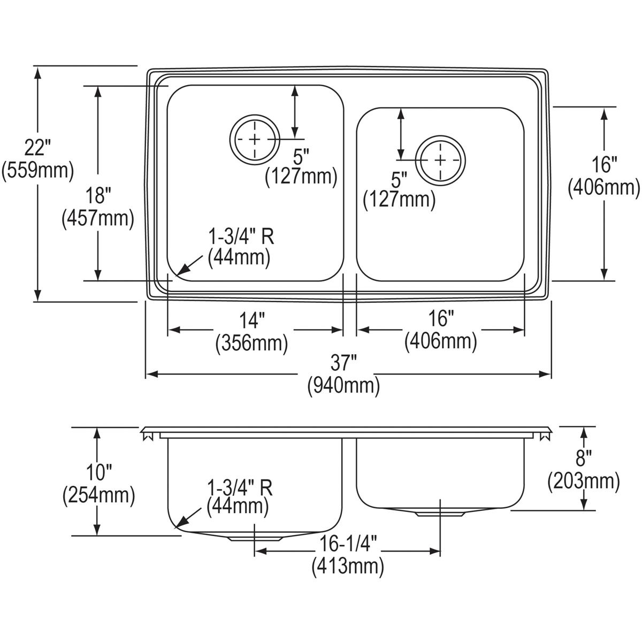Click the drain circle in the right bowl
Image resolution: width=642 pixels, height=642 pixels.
point(441,160)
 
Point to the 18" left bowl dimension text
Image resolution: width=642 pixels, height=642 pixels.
point(97,195)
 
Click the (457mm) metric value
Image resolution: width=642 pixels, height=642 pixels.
point(97,218)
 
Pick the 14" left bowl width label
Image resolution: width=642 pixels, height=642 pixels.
point(251,320)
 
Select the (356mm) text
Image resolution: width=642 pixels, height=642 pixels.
point(251,343)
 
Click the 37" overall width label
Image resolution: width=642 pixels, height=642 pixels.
point(343,364)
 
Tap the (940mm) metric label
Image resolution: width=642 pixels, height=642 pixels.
point(343,386)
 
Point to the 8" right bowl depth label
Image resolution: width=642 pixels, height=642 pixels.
point(584,459)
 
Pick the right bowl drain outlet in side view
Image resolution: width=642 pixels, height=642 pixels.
point(440,514)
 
